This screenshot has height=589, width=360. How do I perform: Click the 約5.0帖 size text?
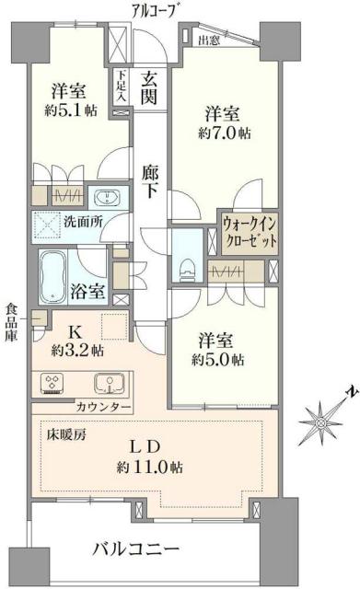(x=218, y=356)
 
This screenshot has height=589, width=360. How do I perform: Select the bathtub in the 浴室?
(x=57, y=275)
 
